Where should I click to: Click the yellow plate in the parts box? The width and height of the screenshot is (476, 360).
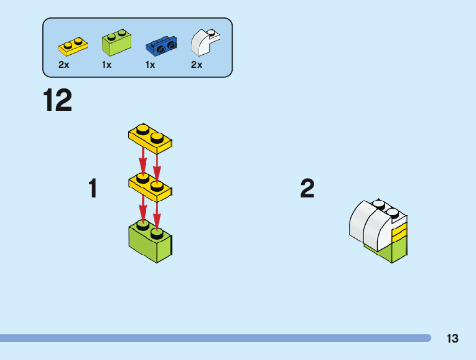coord(73,46)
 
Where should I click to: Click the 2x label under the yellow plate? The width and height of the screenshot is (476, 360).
coord(63,65)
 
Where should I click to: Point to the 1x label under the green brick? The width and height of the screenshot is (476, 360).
coord(107,65)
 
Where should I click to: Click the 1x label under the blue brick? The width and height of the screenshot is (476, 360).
coord(150,65)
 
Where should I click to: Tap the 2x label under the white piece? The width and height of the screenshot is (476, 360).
coord(197,65)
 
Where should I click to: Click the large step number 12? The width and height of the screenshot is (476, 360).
coord(58,101)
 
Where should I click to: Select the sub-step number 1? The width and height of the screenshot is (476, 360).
coord(93,189)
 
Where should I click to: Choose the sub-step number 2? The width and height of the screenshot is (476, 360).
coord(307,189)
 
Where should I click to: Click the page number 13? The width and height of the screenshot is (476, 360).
coord(452,339)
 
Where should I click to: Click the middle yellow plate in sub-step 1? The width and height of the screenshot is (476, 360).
coord(151,187)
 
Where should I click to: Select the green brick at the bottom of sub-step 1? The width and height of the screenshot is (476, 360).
coord(151,244)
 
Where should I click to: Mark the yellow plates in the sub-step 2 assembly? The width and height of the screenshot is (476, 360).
coord(399,234)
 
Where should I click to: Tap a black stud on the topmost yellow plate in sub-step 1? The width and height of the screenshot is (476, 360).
coord(142,130)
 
